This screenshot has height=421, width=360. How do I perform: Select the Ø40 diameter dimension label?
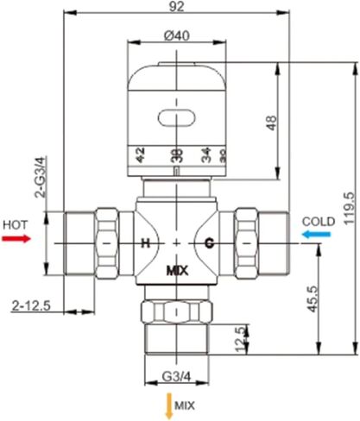click(176, 35)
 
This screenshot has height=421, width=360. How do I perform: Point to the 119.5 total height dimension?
click(349, 207)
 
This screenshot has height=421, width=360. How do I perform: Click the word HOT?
click(16, 223)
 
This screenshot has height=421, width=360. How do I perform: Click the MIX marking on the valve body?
click(176, 270)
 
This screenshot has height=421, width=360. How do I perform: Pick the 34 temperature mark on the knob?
click(206, 155)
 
